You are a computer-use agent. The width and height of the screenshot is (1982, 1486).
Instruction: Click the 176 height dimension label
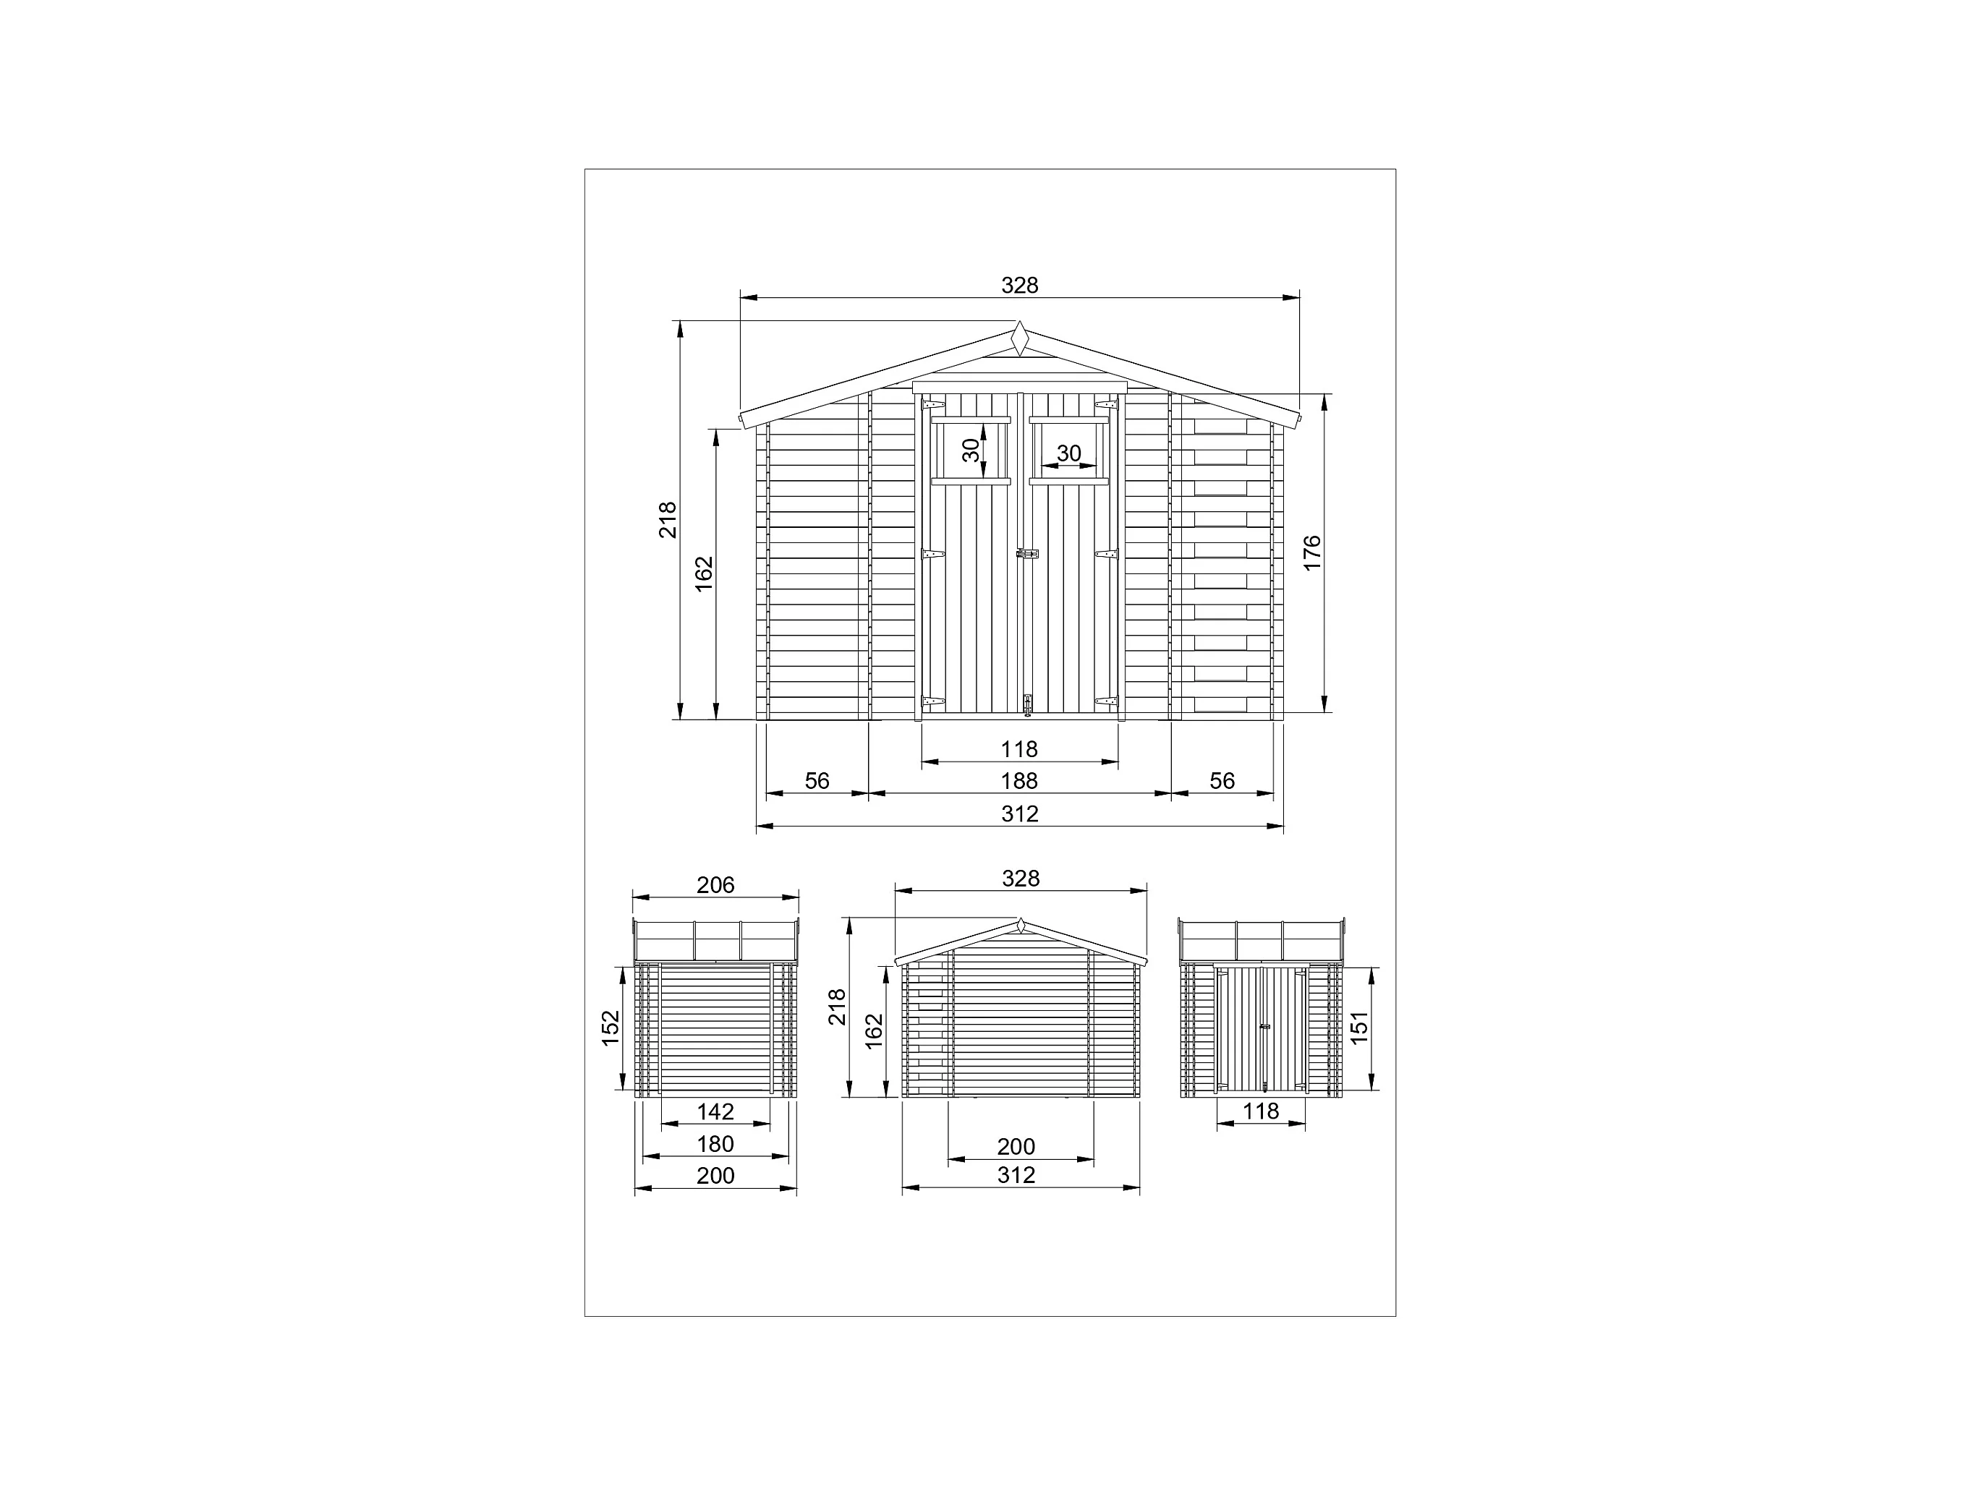[x=1311, y=552]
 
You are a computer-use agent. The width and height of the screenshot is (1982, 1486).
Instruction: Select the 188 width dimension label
[x=1018, y=781]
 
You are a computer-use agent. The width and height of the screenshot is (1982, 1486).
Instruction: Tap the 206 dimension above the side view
[x=715, y=885]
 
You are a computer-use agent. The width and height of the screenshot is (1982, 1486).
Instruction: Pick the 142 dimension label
[x=715, y=1111]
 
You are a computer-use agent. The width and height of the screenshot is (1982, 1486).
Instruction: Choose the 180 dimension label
[x=715, y=1144]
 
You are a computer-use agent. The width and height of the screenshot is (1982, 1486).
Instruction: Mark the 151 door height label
[x=1359, y=1028]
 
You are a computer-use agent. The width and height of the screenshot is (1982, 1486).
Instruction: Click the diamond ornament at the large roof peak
[x=1020, y=338]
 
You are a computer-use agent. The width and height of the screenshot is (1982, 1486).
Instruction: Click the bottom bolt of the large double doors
[x=1028, y=704]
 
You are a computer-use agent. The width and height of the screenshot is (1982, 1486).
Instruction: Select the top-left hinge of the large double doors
[x=932, y=405]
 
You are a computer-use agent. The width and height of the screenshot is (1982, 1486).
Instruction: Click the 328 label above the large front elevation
[x=1020, y=285]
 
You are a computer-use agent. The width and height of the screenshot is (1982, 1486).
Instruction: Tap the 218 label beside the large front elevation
[x=668, y=519]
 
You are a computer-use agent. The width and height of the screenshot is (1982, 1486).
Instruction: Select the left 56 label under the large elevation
[x=816, y=781]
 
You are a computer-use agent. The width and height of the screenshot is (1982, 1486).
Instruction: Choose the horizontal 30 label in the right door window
[x=1069, y=454]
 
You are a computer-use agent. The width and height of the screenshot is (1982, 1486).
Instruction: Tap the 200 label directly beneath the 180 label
[x=715, y=1175]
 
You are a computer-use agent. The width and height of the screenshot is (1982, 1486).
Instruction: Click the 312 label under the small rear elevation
[x=1016, y=1175]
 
